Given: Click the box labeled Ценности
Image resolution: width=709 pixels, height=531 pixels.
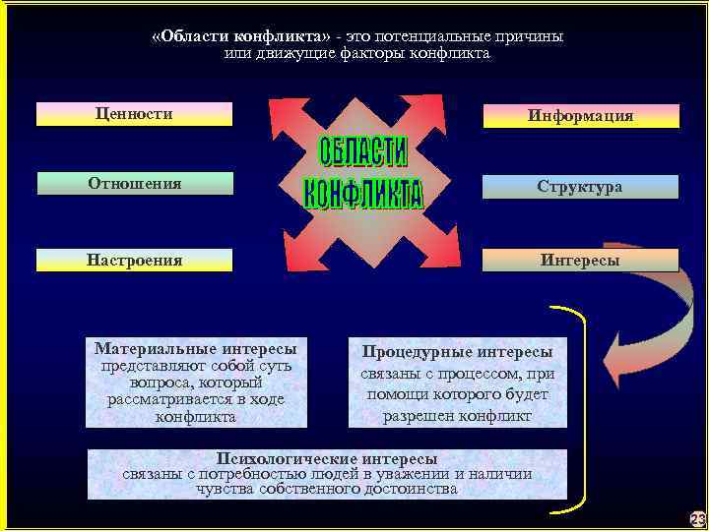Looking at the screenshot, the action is point(134,114).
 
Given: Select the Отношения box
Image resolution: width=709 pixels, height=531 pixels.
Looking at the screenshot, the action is point(135,183).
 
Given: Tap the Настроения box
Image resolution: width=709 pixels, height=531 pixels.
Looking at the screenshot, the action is point(135,261).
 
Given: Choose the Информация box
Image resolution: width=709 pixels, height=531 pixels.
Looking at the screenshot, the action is point(580,116).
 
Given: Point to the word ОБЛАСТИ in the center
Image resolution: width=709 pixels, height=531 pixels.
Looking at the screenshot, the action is point(363,153).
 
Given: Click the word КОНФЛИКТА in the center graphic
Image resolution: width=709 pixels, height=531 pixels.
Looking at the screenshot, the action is point(363,193).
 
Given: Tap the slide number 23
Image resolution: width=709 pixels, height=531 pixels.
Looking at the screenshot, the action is point(697,518).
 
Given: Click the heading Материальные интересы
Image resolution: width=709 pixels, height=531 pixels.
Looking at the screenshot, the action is point(195,348).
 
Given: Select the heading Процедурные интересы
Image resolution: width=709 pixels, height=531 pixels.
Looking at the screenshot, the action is point(457,351).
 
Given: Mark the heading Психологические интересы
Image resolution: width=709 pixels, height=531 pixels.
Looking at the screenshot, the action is point(327,459).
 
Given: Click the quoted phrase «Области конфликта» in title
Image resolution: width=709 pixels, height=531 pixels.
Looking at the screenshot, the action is point(240,35).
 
